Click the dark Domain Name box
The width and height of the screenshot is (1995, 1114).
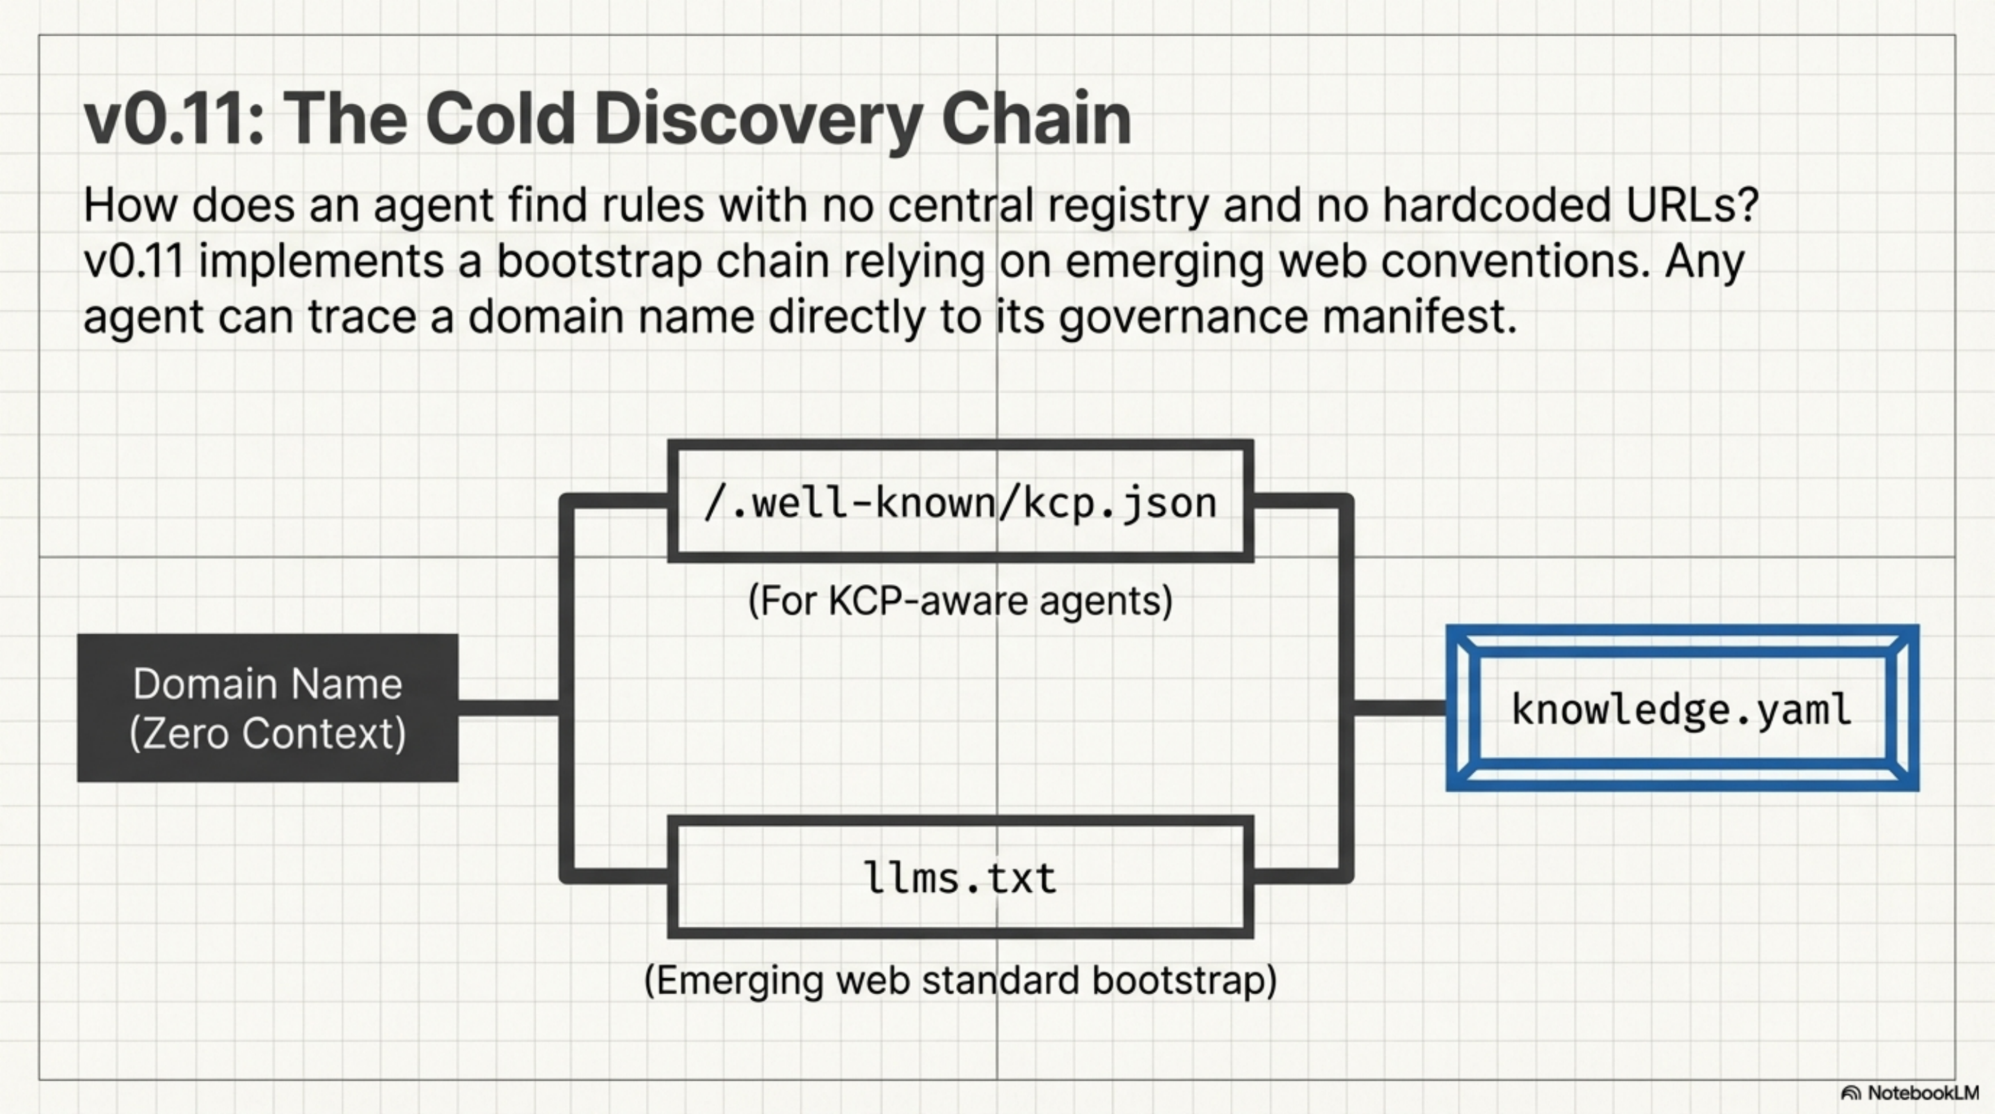click(267, 707)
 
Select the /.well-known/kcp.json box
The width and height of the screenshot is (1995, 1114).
click(960, 502)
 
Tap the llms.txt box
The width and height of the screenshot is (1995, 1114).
click(960, 877)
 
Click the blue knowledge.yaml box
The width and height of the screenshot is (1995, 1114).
click(1681, 708)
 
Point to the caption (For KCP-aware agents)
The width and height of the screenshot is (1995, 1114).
click(960, 600)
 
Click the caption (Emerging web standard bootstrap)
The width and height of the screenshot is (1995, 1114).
click(960, 980)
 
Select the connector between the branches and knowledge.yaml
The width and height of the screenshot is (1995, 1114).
click(1399, 707)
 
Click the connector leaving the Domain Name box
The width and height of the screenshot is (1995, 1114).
click(508, 707)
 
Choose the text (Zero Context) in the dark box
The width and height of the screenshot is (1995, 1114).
click(267, 733)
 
